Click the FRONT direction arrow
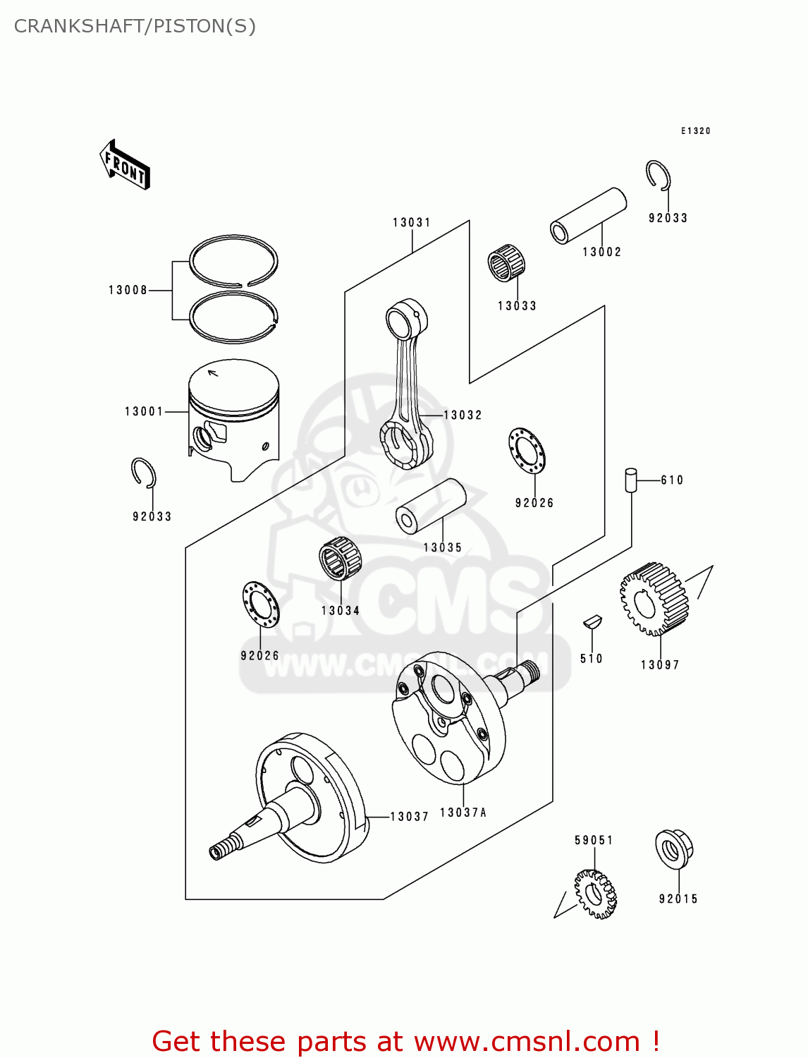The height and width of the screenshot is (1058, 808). click(126, 165)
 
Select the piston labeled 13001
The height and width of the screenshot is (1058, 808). click(233, 419)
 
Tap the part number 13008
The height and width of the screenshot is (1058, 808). click(128, 290)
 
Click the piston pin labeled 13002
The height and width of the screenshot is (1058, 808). click(588, 215)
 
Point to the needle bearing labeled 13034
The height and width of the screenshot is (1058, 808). click(340, 559)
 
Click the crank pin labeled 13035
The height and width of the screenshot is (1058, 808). click(431, 506)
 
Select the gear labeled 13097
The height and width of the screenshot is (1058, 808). click(654, 598)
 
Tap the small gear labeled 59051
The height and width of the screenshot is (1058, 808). click(595, 894)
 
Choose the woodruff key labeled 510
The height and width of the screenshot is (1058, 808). click(592, 622)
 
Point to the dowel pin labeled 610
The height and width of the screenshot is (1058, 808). click(630, 480)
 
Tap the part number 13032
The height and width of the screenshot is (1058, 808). click(463, 415)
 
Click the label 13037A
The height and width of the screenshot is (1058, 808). click(463, 813)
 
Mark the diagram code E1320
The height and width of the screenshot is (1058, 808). click(695, 131)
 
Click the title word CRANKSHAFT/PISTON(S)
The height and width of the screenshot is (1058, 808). click(135, 26)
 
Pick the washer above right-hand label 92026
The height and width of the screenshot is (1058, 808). click(527, 451)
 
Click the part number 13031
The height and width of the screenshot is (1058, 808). click(412, 223)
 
